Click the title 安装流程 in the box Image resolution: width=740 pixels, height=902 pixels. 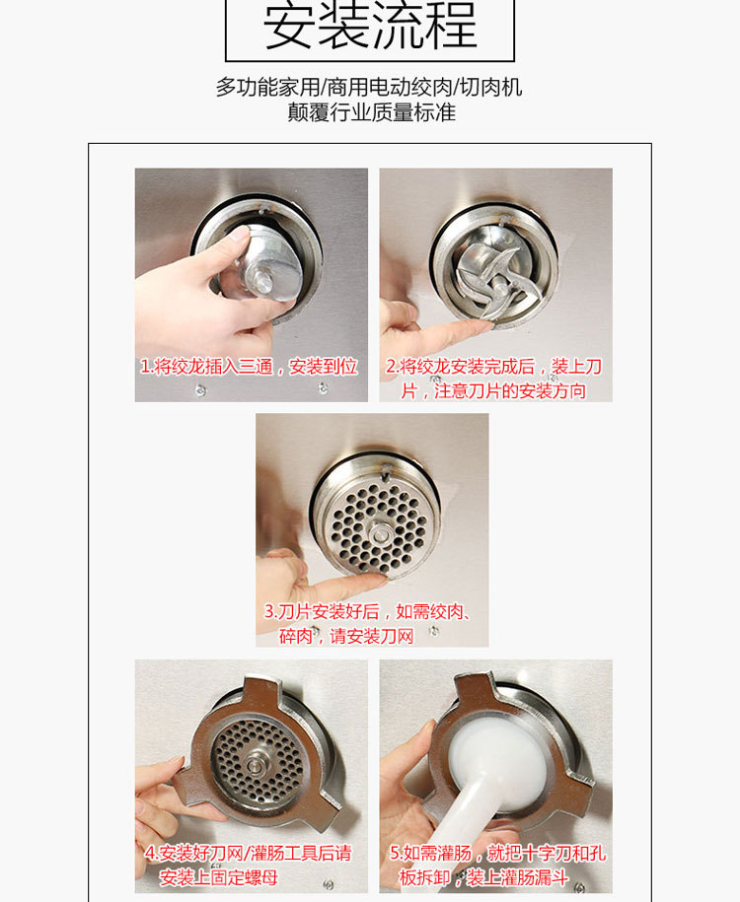tap(370, 26)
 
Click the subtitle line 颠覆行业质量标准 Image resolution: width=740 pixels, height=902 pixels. tap(371, 112)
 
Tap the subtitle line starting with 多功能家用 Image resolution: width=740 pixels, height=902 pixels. tap(369, 87)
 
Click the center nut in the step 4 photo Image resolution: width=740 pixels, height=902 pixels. tap(254, 765)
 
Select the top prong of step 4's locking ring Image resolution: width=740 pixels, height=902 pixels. tap(262, 691)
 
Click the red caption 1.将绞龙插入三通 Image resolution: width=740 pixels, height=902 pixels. tap(249, 367)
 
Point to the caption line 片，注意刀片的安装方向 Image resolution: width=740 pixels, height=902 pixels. tap(494, 391)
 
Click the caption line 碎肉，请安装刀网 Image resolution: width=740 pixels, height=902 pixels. tap(346, 636)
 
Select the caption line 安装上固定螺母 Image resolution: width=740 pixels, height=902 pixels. tap(218, 877)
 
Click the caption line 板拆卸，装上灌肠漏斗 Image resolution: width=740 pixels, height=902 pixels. tap(483, 877)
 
